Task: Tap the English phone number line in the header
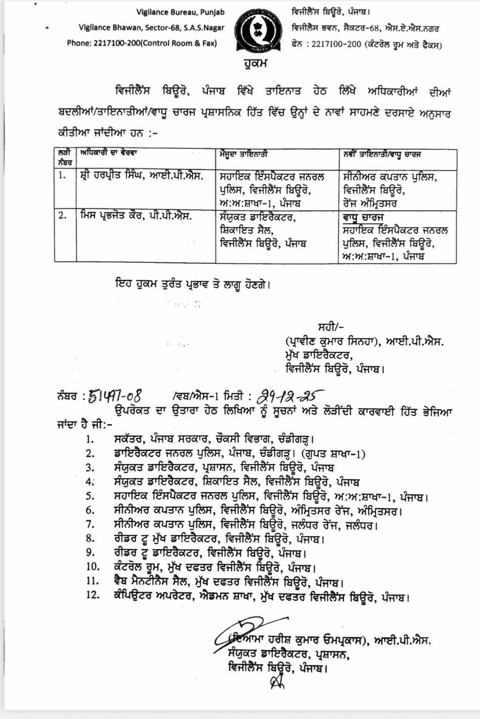[142, 43]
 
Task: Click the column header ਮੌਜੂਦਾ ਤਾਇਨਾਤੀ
[244, 154]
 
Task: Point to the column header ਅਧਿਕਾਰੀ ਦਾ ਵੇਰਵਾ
[108, 153]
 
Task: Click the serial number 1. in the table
[62, 176]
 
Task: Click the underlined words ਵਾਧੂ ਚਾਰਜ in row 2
[363, 217]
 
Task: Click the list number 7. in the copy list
[90, 524]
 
